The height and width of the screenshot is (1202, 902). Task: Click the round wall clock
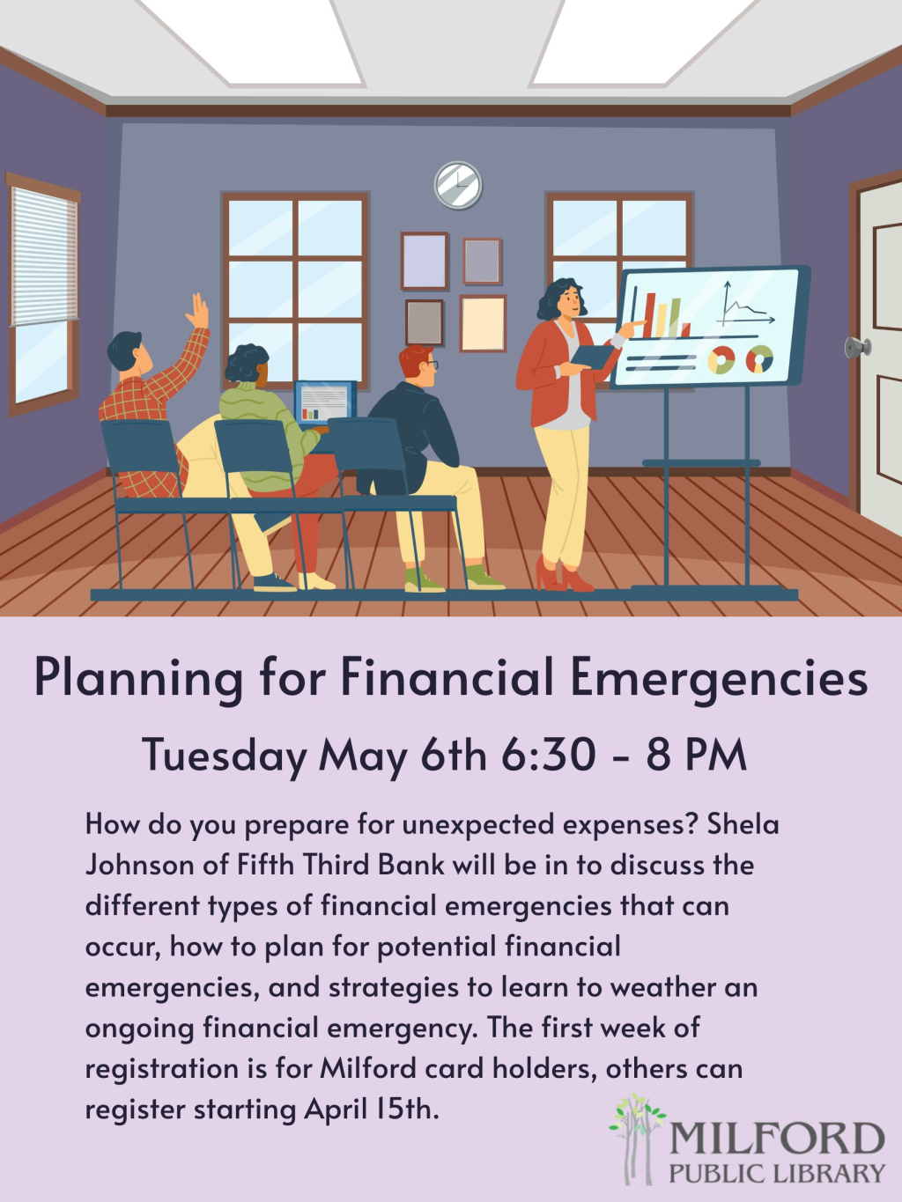(x=458, y=185)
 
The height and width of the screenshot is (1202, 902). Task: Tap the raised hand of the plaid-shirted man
(x=197, y=311)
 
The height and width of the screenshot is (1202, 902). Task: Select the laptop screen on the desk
(x=325, y=402)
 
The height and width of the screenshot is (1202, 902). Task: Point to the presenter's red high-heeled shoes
(x=564, y=576)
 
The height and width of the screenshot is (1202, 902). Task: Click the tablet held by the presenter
(x=592, y=357)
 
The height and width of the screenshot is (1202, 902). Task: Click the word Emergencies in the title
(x=719, y=678)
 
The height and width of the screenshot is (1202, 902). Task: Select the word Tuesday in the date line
(x=225, y=756)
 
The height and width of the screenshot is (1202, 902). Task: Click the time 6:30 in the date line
(x=549, y=756)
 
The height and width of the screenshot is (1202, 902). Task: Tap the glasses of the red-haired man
(x=431, y=364)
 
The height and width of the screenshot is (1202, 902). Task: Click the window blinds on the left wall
(x=44, y=255)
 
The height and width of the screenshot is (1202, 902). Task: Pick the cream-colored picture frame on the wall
(x=483, y=323)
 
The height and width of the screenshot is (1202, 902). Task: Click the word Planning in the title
(x=138, y=678)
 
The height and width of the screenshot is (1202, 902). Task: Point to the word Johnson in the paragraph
(x=140, y=865)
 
